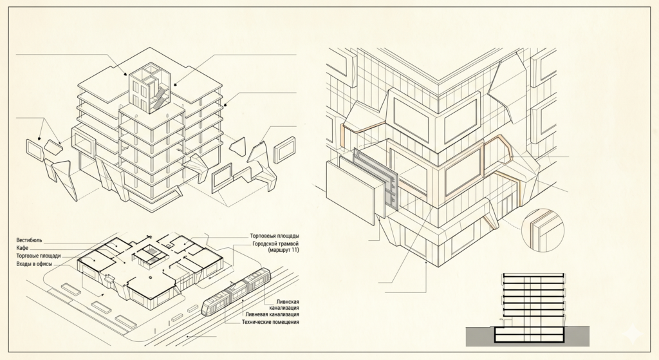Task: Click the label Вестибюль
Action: tap(29, 240)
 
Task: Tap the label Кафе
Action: tap(23, 248)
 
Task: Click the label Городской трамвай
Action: tap(275, 244)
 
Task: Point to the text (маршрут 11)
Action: tap(283, 251)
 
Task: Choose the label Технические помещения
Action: tap(270, 322)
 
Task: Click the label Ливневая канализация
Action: tap(272, 314)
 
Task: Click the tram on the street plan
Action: tap(237, 292)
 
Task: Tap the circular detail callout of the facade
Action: tap(543, 231)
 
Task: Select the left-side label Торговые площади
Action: tap(38, 256)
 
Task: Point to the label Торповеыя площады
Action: tap(274, 236)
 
